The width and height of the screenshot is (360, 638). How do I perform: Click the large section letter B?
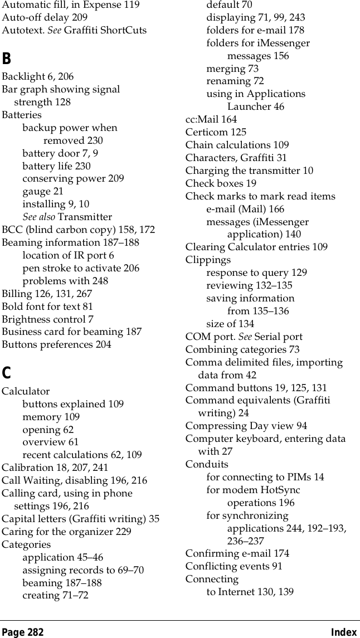[x=6, y=58]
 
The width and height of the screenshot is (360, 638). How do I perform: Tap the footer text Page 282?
[x=22, y=632]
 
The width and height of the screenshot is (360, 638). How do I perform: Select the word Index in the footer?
[x=343, y=632]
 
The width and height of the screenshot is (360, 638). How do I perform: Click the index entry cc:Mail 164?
[x=211, y=119]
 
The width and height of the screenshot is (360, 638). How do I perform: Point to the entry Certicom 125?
[x=216, y=132]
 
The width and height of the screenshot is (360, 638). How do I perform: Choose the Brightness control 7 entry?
[x=47, y=319]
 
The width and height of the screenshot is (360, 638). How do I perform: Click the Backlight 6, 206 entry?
[x=38, y=76]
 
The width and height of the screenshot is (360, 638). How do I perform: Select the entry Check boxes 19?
[x=221, y=183]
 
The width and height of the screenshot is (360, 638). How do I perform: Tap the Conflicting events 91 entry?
[x=233, y=566]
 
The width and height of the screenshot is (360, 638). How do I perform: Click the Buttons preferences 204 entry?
[x=56, y=344]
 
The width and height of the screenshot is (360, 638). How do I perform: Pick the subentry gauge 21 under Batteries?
[x=43, y=191]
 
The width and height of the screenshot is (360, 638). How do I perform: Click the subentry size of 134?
[x=230, y=324]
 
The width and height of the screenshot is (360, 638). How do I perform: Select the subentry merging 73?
[x=232, y=69]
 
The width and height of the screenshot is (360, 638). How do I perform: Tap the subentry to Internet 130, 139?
[x=250, y=591]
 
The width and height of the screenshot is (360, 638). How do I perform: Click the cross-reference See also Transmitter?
[x=67, y=217]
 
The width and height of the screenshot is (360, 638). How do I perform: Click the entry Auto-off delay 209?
[x=45, y=17]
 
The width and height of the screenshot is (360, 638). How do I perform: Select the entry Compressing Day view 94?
[x=246, y=426]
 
